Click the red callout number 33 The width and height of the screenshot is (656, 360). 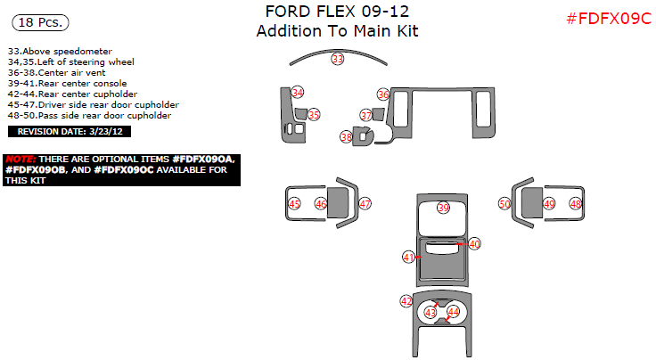coord(337,59)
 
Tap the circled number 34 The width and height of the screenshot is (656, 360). coord(298,93)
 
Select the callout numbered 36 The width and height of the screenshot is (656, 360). coord(383,94)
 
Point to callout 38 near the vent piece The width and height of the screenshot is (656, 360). coord(346,136)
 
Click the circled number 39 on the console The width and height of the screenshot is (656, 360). coord(444,208)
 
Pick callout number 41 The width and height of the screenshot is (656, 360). coord(409,257)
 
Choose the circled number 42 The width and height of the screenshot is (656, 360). coord(406,301)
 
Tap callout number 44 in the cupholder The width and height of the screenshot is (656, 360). coord(454,312)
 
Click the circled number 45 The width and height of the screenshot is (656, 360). coord(294,204)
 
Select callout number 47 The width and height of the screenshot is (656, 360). coord(365,204)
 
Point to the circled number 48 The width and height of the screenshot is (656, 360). coord(576,204)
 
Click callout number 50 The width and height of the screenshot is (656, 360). coord(504,204)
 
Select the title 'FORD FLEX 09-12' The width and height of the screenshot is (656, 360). coord(338,12)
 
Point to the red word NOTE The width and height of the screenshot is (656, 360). coord(20,158)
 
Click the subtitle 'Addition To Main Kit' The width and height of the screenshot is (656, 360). coord(337,31)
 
